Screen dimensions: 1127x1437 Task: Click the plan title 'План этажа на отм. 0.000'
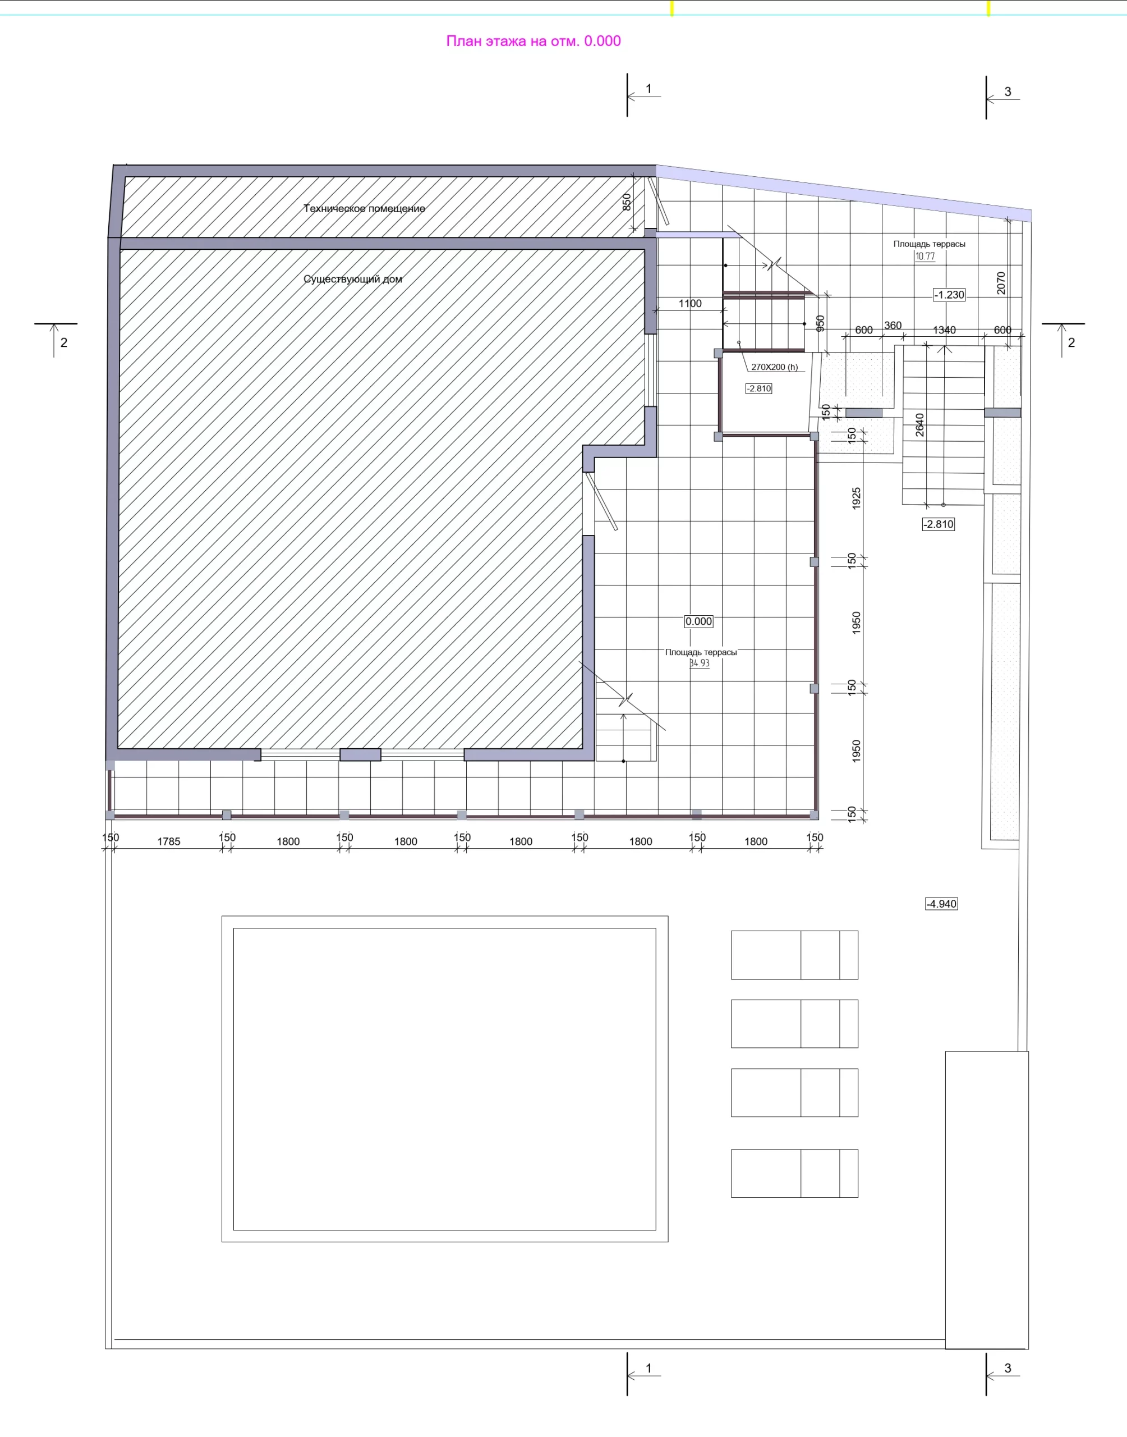tap(533, 41)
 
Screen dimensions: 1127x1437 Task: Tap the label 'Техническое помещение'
tap(364, 209)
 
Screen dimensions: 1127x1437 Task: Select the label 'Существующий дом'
tap(353, 279)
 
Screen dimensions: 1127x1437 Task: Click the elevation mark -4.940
tap(941, 904)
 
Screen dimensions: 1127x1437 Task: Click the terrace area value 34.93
tap(700, 663)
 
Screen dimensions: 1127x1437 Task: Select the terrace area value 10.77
tap(925, 256)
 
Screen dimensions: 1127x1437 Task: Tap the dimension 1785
tap(169, 841)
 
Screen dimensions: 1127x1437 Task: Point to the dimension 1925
tap(857, 498)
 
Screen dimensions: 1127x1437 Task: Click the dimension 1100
tap(690, 304)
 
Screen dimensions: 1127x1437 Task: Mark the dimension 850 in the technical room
tap(627, 202)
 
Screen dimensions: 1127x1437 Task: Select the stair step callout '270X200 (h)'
tap(775, 367)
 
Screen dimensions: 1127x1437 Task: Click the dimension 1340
tap(944, 330)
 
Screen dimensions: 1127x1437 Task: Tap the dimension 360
tap(893, 326)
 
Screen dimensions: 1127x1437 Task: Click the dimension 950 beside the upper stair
tap(820, 323)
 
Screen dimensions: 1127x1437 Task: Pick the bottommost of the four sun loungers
tap(794, 1173)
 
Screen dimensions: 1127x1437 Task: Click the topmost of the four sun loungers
tap(794, 955)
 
